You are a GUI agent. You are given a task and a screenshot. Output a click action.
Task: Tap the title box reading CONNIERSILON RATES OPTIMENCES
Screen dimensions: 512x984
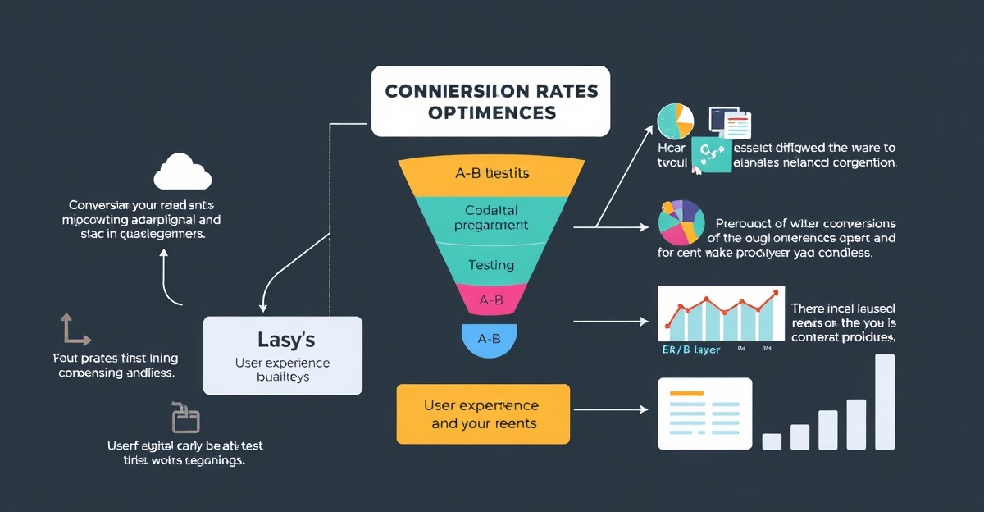[x=490, y=100]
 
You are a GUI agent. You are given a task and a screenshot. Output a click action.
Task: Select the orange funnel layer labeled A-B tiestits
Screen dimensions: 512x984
[x=491, y=174]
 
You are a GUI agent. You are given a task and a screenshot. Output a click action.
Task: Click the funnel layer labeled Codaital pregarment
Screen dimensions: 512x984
[x=491, y=217]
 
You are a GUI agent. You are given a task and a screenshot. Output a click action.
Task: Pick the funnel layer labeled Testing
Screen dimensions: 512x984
[x=491, y=265]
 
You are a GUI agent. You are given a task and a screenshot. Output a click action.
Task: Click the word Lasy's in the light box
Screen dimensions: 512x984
[x=282, y=339]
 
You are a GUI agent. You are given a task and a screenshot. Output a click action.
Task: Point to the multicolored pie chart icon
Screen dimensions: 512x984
[x=681, y=223]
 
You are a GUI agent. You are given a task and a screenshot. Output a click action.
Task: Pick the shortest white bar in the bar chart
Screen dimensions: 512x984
[x=772, y=441]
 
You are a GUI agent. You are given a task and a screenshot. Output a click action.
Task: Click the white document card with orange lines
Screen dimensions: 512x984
[x=704, y=413]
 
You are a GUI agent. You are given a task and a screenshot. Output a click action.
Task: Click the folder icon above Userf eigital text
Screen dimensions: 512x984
[x=185, y=418]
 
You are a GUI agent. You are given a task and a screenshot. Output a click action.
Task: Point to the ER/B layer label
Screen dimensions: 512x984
[x=691, y=350]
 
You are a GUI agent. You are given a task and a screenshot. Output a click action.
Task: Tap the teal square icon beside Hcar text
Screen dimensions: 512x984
[x=710, y=155]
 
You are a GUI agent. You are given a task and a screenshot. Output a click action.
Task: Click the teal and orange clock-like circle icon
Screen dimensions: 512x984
[x=676, y=122]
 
